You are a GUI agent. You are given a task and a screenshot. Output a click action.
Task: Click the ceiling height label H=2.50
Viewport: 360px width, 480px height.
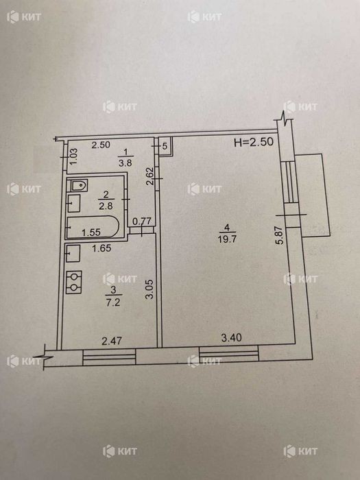[x=253, y=143]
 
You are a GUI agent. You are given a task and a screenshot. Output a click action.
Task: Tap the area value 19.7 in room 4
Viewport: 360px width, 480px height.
[x=227, y=239]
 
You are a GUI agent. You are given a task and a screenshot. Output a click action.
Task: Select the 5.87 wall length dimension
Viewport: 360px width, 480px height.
[x=280, y=233]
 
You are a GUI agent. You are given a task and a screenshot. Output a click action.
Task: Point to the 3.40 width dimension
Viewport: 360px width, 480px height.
[x=232, y=337]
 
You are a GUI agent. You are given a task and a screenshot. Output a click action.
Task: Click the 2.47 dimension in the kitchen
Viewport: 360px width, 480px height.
[x=112, y=341]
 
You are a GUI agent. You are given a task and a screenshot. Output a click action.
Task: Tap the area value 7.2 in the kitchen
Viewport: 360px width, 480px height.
[x=113, y=303]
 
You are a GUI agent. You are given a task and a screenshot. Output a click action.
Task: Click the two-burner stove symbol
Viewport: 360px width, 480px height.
[x=74, y=282]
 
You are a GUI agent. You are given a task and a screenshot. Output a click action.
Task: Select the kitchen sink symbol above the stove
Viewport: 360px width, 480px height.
[x=73, y=253]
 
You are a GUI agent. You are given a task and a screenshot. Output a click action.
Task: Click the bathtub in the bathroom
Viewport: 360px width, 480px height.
[x=93, y=227]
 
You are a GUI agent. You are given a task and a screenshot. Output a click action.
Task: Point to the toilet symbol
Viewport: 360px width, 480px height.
[x=80, y=185]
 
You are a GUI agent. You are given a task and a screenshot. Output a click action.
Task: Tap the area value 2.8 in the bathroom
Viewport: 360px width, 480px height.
[x=106, y=206]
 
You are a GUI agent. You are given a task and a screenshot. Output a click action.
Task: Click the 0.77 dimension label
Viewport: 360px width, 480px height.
[x=142, y=221]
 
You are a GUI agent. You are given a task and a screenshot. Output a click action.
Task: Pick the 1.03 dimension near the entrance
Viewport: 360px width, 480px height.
[x=74, y=156]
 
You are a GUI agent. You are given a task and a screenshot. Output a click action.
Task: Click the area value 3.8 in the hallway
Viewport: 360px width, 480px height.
[x=125, y=163]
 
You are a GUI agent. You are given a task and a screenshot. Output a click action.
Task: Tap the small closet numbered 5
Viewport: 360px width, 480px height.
[x=165, y=146]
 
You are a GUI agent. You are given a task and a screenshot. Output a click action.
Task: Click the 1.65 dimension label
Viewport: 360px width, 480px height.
[x=101, y=248]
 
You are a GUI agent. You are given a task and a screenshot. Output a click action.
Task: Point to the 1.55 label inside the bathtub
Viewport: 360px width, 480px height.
[x=91, y=232]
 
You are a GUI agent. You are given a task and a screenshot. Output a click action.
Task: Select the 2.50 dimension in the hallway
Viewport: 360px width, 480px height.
[x=101, y=145]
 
